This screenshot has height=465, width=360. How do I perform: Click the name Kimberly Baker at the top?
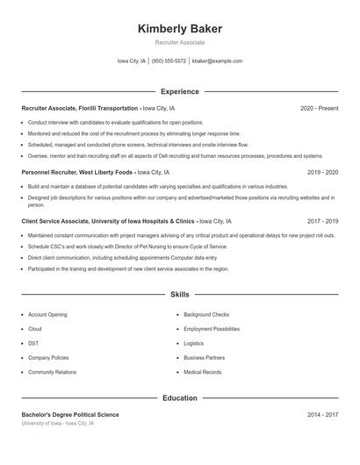pos(179,29)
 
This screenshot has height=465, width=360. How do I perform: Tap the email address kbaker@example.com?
pos(217,61)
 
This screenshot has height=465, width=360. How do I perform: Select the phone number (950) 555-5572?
pos(169,61)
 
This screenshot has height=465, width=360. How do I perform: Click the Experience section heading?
pos(179,91)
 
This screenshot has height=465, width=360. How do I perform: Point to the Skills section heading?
pos(179,295)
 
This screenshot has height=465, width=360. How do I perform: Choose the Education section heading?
pos(179,398)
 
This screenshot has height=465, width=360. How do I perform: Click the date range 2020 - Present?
pos(319,108)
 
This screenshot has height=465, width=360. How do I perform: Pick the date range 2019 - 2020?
pos(322,173)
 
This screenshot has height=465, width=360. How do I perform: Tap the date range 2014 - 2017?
pos(322,414)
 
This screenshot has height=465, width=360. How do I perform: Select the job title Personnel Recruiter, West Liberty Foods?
pos(76,173)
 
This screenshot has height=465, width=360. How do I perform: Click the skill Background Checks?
pos(206,314)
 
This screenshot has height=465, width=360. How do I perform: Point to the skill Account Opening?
pos(47,314)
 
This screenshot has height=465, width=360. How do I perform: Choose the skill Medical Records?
pos(203,372)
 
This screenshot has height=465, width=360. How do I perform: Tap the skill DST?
pos(33,343)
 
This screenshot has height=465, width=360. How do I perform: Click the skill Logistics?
pos(193,343)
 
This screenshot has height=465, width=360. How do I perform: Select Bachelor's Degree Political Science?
pos(70,414)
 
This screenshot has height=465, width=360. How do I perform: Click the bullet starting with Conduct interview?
pos(115,122)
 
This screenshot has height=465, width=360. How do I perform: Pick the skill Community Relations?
pos(52,372)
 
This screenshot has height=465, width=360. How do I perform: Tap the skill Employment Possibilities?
pos(212,329)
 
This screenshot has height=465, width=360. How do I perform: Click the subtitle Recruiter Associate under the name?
pos(179,42)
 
